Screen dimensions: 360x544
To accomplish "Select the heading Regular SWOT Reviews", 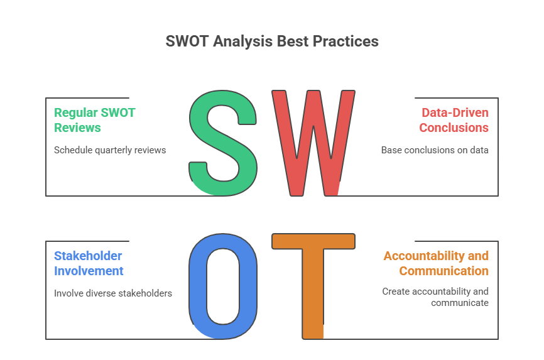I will (x=94, y=120).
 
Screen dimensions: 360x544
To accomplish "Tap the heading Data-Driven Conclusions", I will (x=454, y=120).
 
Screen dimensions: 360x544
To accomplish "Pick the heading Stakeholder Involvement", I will (x=89, y=263).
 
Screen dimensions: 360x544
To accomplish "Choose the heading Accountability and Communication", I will (x=436, y=263).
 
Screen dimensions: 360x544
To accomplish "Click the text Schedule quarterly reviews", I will (x=110, y=150).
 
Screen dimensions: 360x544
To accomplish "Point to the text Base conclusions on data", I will (x=435, y=150).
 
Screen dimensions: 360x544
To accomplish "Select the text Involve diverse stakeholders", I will (x=113, y=293).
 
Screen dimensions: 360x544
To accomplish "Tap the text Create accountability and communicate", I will (x=435, y=297).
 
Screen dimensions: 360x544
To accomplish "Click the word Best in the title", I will (x=292, y=41).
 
